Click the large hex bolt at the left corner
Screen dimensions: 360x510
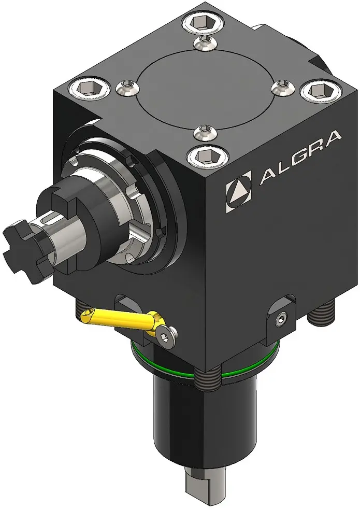(x=89, y=88)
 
